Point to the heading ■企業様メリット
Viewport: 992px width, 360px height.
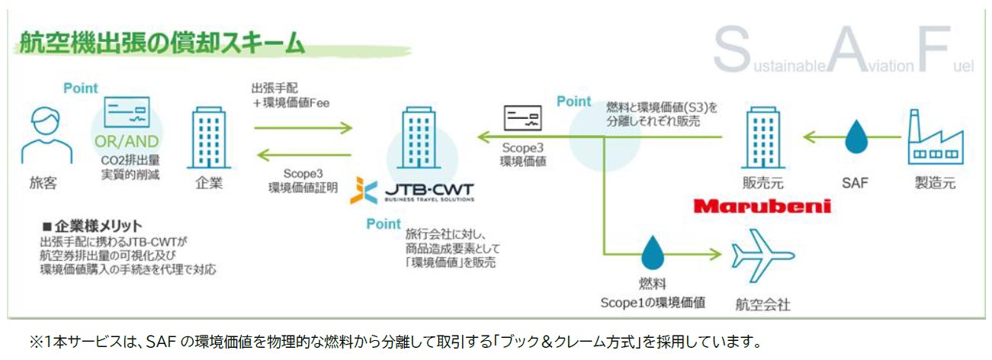(92, 225)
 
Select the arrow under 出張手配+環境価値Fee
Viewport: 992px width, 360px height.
(303, 128)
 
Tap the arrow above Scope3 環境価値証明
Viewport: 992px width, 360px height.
(303, 156)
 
